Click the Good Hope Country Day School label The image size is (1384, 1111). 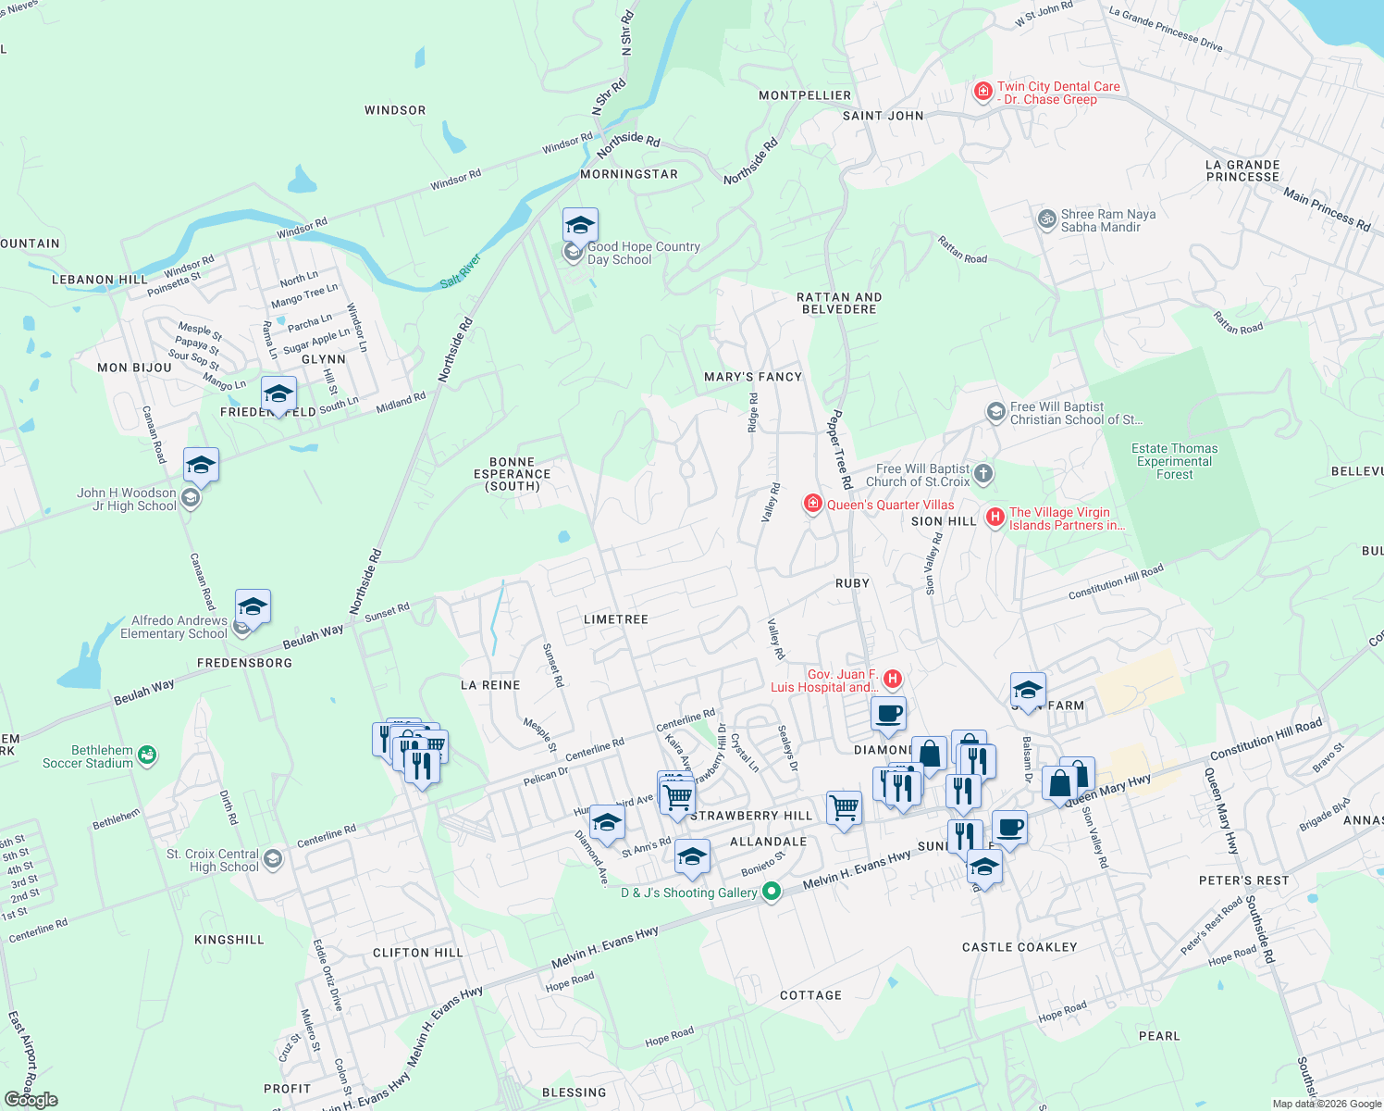pos(643,254)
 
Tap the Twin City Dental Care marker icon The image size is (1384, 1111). pos(983,92)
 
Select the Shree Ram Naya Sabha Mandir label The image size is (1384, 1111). pos(1107,220)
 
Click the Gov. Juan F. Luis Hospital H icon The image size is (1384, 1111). pos(893,680)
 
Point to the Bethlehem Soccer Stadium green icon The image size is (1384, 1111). pos(147,756)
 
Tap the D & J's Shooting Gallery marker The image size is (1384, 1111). pos(771,892)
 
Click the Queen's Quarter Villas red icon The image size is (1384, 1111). pos(813,504)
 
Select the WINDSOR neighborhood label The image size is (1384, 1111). pos(395,110)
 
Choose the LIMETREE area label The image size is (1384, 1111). pos(616,619)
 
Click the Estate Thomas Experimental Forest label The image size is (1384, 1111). pos(1174,461)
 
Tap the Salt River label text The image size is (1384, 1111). pos(461,270)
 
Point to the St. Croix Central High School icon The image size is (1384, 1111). pos(272,859)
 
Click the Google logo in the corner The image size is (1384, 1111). pos(31,1099)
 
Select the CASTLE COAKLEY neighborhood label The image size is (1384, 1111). pos(1019,947)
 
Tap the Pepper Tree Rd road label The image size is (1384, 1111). pos(839,449)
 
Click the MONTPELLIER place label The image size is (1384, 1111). pos(805,95)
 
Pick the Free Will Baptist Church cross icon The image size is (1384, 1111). pos(983,474)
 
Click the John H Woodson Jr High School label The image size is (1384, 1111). pos(127,499)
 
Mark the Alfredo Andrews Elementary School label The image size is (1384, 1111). pos(173,627)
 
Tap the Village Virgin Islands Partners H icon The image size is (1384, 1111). pos(995,518)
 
